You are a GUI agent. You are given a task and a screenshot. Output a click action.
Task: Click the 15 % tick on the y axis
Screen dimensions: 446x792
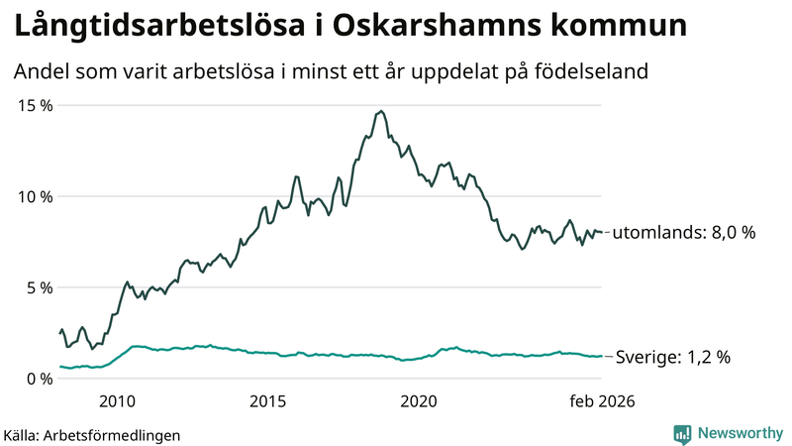36,105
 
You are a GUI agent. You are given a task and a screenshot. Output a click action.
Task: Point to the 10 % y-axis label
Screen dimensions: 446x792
36,196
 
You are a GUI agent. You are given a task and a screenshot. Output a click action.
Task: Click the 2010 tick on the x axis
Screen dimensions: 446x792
117,401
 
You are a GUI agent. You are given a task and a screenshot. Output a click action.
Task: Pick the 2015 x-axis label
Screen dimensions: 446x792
268,401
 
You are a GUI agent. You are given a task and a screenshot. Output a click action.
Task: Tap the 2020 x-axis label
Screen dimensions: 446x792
419,401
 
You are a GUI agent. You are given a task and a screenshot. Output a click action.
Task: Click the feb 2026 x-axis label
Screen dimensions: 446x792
600,401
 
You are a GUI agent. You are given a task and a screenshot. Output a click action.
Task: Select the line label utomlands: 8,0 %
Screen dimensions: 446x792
684,233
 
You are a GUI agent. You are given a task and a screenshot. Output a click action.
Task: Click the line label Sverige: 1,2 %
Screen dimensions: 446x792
673,357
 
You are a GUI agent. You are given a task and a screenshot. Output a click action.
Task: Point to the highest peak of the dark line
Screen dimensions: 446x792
381,111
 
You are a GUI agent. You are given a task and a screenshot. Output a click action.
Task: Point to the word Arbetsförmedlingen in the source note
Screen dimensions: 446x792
112,434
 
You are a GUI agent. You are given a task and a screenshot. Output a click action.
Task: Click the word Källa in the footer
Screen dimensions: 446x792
22,434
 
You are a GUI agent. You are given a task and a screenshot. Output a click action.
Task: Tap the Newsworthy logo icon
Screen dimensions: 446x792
682,433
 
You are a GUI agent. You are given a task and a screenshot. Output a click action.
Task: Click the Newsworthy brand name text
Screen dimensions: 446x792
739,433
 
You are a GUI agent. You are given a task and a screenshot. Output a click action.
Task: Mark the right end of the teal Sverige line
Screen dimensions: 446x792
601,357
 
